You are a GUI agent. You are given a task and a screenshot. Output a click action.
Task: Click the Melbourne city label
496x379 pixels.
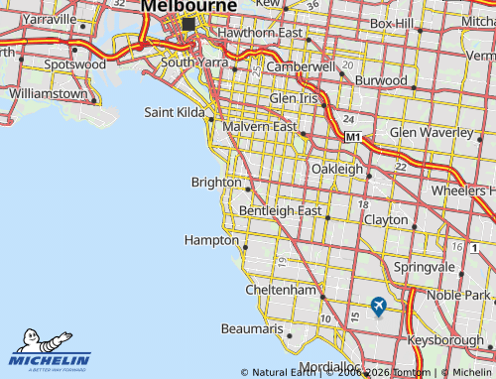[188, 6]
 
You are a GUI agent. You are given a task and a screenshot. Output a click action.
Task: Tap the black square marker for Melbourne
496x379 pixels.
[188, 24]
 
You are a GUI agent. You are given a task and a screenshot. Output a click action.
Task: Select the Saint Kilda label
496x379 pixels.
[173, 112]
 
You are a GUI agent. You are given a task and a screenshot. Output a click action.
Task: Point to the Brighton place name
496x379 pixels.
[216, 182]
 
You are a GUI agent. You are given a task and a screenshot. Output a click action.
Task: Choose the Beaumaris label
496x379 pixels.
[252, 327]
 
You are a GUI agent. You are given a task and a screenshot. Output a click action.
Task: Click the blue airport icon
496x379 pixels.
[378, 307]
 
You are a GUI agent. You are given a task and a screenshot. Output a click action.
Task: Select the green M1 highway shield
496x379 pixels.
[353, 137]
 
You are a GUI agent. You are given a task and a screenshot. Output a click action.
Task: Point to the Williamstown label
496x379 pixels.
[47, 93]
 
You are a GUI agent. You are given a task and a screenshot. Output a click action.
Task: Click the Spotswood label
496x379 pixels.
[75, 63]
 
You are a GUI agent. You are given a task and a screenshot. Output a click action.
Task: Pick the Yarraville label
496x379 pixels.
[49, 19]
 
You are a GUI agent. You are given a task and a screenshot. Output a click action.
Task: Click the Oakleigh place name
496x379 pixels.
[337, 169]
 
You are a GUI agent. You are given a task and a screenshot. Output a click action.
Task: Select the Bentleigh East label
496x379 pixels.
[281, 211]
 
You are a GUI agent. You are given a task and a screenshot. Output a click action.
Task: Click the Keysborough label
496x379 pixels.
[451, 340]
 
